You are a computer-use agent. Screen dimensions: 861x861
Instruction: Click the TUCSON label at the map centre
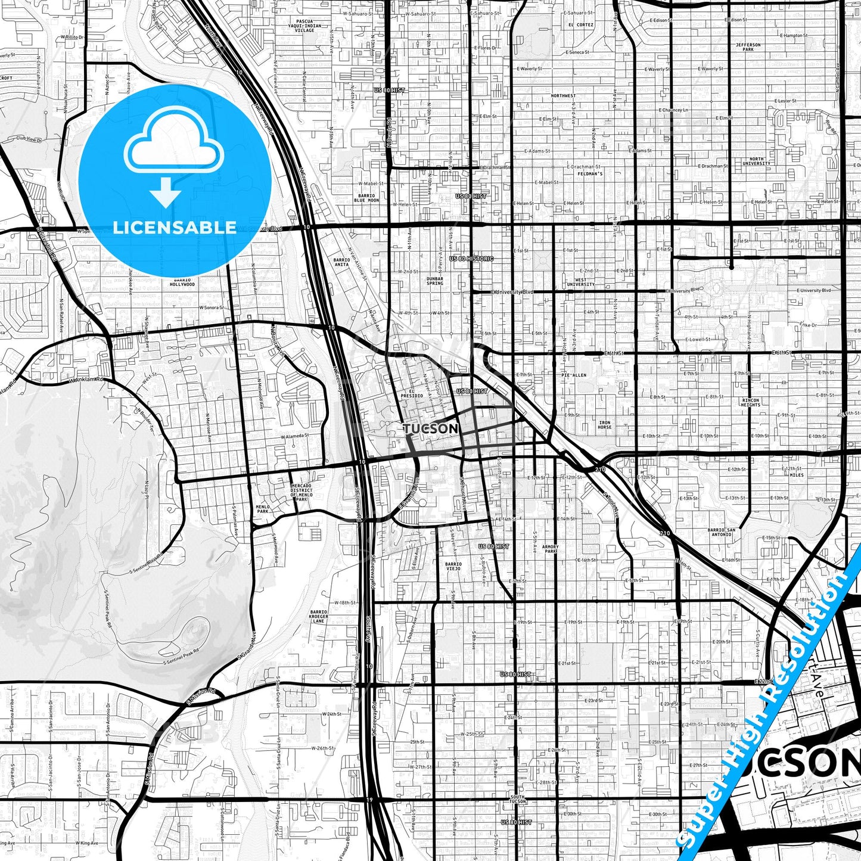(430, 429)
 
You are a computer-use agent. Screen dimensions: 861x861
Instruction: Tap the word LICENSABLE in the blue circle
(175, 228)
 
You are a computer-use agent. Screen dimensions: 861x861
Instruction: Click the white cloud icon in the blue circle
(173, 141)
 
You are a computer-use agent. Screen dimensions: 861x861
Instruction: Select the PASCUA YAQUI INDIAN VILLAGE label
(304, 26)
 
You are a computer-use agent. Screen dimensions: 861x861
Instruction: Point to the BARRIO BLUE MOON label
(366, 198)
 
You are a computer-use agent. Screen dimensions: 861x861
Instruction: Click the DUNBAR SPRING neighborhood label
(435, 281)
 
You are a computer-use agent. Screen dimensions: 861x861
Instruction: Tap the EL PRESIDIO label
(411, 393)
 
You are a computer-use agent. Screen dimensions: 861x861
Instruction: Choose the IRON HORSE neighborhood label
(604, 425)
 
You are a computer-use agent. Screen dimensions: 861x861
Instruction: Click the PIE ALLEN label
(574, 375)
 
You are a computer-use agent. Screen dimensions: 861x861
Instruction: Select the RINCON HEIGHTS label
(751, 402)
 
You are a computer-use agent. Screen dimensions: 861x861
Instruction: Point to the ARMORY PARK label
(550, 549)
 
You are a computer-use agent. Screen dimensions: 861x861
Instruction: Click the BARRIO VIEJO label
(453, 566)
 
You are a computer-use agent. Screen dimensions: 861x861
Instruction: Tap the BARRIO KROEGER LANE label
(319, 616)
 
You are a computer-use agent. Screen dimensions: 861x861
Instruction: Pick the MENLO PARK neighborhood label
(263, 509)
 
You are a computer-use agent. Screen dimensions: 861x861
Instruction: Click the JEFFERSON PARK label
(748, 46)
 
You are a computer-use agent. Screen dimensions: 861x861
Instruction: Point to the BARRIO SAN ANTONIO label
(721, 532)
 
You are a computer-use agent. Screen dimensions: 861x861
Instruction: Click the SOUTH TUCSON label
(518, 799)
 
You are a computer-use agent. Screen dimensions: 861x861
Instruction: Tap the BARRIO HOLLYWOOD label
(182, 282)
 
